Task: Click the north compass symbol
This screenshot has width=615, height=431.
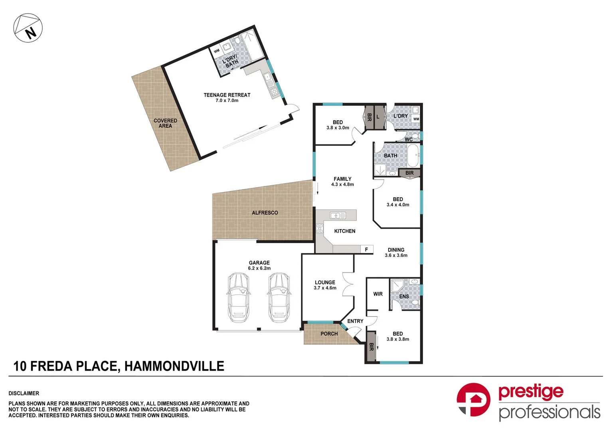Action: click(28, 28)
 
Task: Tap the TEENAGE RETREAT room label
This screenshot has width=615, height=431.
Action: click(227, 95)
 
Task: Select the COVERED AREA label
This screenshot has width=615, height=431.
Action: click(165, 123)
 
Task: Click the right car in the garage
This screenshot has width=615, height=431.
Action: click(278, 297)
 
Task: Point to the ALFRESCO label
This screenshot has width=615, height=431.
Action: click(265, 213)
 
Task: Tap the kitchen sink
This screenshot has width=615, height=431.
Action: click(338, 216)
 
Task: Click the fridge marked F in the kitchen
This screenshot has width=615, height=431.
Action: click(366, 249)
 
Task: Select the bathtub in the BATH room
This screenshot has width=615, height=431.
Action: click(413, 156)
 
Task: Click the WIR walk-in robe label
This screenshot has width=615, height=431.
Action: click(378, 294)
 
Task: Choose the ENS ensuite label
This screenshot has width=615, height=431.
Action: click(404, 297)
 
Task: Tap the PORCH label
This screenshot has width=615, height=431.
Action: click(329, 334)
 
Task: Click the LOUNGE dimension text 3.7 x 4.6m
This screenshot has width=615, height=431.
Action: click(325, 288)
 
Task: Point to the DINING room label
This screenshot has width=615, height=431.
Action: click(396, 250)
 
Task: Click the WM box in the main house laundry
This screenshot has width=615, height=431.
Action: click(416, 119)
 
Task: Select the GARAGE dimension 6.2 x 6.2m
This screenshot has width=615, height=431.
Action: click(259, 268)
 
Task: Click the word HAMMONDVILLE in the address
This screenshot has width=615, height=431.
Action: click(174, 366)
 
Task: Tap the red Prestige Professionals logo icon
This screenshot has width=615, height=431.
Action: click(473, 399)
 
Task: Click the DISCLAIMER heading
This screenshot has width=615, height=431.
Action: click(24, 393)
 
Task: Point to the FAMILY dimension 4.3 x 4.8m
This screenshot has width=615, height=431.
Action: click(342, 184)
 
